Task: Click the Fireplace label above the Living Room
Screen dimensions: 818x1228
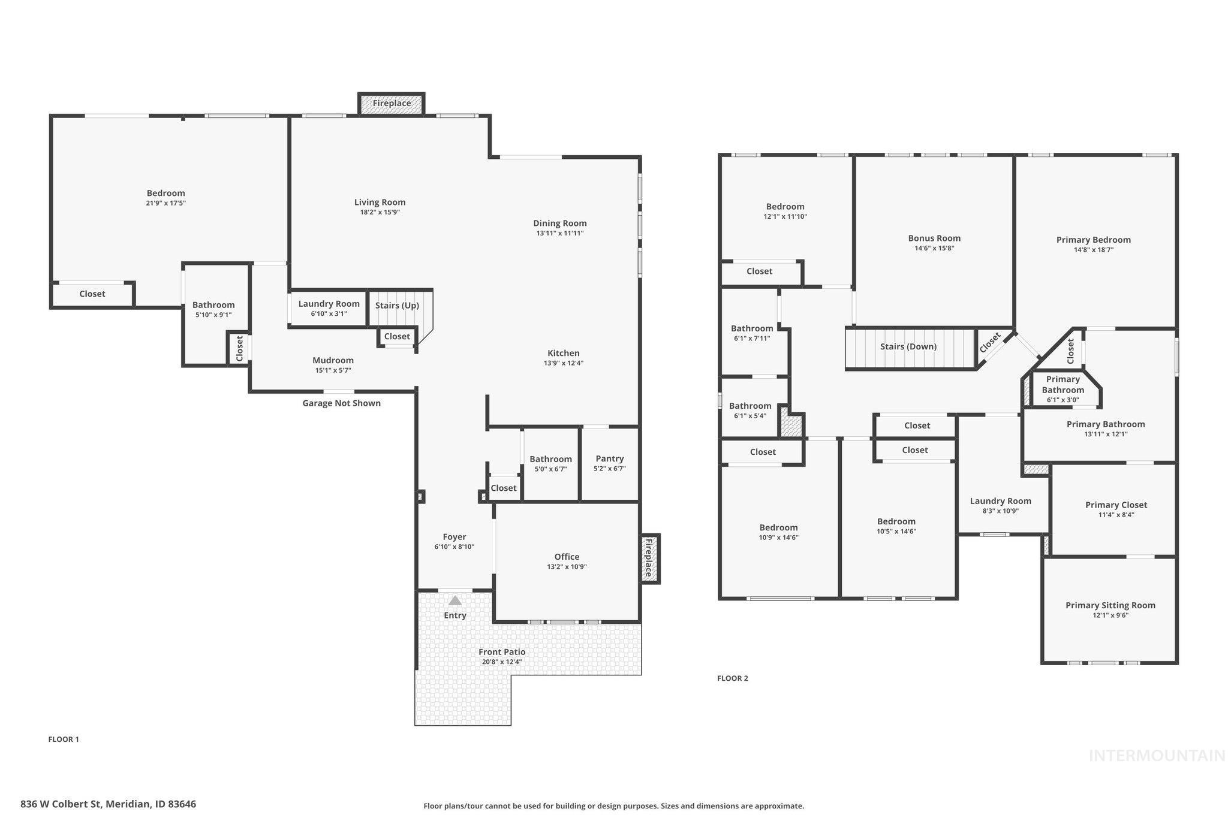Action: point(392,103)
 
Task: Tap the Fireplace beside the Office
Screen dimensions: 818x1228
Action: point(648,558)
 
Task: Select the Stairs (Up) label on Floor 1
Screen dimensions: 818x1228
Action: point(397,306)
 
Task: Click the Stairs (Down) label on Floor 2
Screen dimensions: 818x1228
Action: point(908,347)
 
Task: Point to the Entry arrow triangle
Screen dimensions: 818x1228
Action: point(455,600)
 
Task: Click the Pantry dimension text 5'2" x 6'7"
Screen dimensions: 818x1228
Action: point(609,469)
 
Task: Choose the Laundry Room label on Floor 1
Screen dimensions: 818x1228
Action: point(329,304)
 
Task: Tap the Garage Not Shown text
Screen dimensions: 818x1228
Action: point(341,403)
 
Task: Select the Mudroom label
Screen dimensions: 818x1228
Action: point(333,360)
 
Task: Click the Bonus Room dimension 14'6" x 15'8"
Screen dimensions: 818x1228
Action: point(934,248)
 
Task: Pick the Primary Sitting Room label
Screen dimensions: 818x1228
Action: point(1110,605)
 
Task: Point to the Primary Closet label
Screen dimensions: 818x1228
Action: point(1116,505)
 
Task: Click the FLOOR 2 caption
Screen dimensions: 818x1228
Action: point(732,678)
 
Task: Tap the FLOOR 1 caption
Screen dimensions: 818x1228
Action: point(64,739)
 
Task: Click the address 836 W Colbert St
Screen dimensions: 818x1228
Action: point(108,804)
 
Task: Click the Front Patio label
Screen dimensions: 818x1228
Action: point(502,652)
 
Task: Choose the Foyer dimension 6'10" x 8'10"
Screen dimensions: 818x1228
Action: point(454,547)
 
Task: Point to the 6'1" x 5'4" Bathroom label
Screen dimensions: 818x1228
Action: point(750,406)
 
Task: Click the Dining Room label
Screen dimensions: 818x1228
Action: point(559,223)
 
